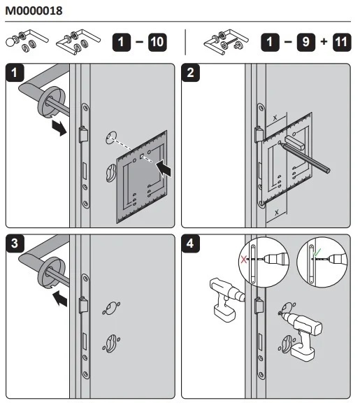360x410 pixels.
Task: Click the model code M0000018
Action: click(x=34, y=10)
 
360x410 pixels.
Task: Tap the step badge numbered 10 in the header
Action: click(x=157, y=42)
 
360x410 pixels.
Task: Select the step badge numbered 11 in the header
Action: click(x=342, y=42)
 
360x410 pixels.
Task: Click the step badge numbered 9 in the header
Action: click(x=305, y=42)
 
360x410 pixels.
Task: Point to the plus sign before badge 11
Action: click(x=324, y=41)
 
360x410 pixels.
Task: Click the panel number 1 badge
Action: click(x=15, y=73)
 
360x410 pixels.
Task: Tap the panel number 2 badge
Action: click(x=190, y=73)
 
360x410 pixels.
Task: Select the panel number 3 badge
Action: click(x=15, y=243)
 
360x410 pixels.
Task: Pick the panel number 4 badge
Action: click(x=190, y=243)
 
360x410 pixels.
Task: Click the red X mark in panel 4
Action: click(x=244, y=260)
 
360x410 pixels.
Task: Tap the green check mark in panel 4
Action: click(x=317, y=253)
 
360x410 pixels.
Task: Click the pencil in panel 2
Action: click(x=305, y=157)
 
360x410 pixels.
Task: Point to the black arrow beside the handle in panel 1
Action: click(x=59, y=128)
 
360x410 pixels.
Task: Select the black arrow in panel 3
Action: click(x=60, y=298)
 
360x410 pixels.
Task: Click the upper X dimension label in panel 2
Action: click(x=275, y=118)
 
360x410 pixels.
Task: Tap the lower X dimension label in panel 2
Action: click(x=277, y=212)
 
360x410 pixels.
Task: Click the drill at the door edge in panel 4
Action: click(x=226, y=299)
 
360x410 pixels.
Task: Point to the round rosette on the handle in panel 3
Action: click(x=52, y=274)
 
